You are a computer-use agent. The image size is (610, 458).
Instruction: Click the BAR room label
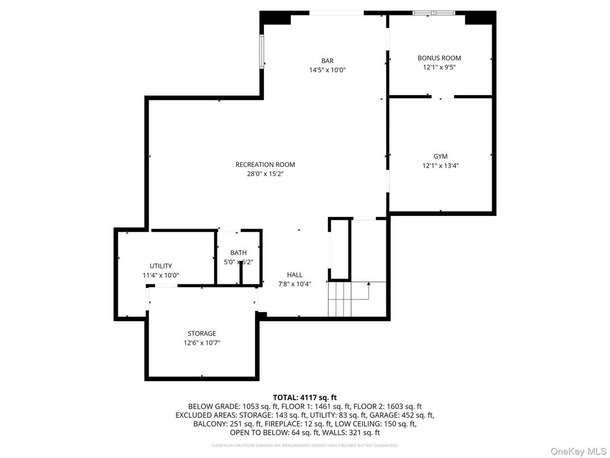(x=327, y=61)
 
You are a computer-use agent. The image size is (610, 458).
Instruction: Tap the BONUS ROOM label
(x=439, y=58)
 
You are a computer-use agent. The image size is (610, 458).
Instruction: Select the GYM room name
(x=440, y=156)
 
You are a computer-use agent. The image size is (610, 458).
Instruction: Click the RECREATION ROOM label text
(x=265, y=165)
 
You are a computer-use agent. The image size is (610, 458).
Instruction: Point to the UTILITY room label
(x=160, y=266)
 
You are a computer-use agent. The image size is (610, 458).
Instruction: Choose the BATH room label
(x=238, y=253)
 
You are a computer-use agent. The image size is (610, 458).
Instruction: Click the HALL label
(x=295, y=275)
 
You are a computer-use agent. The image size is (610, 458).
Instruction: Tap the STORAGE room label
(x=202, y=333)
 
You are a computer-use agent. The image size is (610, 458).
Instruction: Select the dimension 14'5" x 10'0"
(x=327, y=70)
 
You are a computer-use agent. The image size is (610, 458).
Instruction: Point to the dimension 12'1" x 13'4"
(x=440, y=166)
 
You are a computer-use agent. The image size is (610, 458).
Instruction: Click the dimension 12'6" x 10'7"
(x=202, y=343)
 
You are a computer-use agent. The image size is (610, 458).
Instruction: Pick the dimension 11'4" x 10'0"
(x=160, y=275)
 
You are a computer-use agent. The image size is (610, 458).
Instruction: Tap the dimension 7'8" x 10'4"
(x=295, y=284)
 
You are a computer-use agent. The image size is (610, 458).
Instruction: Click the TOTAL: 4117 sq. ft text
(x=305, y=397)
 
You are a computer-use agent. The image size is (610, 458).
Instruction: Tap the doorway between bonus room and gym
(x=447, y=97)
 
